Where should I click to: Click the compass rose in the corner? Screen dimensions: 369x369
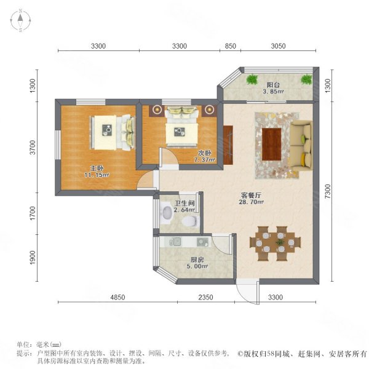(x=20, y=20)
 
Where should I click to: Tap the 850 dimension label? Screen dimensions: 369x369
(x=230, y=46)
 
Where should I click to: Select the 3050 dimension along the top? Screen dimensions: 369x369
(x=278, y=46)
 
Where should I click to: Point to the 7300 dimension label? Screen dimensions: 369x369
(x=327, y=191)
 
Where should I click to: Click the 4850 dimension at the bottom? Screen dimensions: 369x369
(x=117, y=297)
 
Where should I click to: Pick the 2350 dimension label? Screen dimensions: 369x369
(x=205, y=297)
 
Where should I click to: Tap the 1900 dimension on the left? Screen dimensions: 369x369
(x=33, y=258)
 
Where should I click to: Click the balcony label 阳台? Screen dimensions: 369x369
(x=273, y=85)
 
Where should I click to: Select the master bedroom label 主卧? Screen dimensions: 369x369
(x=97, y=169)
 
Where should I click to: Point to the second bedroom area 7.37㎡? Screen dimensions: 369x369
(x=205, y=160)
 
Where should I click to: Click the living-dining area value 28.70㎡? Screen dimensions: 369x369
(x=251, y=202)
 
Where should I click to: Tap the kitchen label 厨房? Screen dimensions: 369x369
(x=197, y=260)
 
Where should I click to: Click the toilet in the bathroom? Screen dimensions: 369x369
(x=191, y=221)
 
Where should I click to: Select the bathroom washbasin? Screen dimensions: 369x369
(x=167, y=212)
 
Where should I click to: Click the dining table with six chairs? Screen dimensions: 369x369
(x=275, y=244)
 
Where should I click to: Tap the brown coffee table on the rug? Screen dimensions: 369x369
(x=272, y=144)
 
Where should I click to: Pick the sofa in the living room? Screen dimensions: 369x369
(x=301, y=145)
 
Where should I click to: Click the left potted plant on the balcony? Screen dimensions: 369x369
(x=252, y=79)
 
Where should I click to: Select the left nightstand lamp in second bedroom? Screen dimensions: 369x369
(x=157, y=109)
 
